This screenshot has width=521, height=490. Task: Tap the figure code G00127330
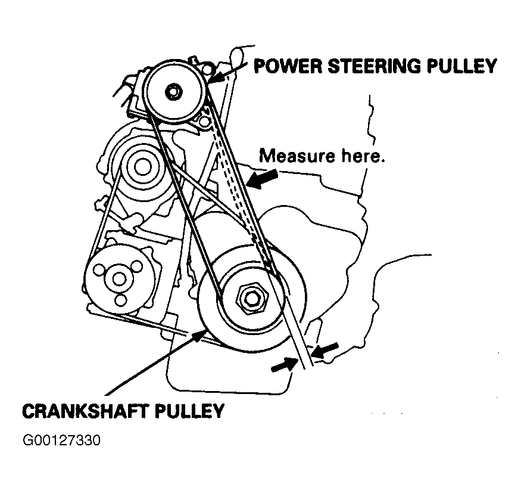[x=61, y=442]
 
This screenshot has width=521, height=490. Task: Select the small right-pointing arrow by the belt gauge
[x=283, y=365]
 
